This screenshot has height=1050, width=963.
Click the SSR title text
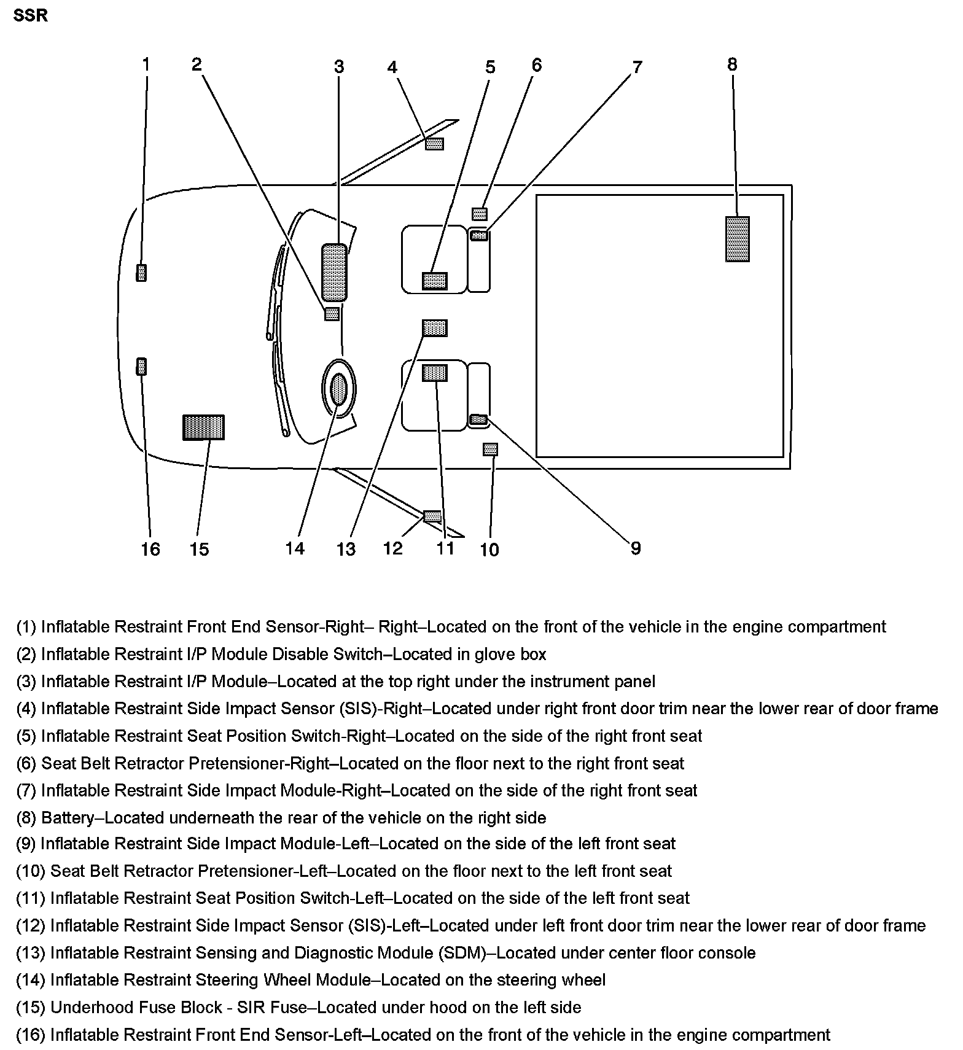point(30,15)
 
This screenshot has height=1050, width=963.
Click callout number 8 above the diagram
point(732,64)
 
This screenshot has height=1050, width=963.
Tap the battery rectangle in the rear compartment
point(737,239)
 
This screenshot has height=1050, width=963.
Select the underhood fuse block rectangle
point(203,427)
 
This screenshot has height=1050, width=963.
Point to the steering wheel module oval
point(338,389)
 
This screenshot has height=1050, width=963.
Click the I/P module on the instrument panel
point(333,272)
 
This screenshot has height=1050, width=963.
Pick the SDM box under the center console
point(434,328)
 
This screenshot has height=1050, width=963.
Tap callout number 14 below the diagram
point(295,548)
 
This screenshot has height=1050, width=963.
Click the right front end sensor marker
point(141,273)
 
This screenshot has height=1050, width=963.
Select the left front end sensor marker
point(141,367)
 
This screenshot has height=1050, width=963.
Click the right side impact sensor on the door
point(434,144)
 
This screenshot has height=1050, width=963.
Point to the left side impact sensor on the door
point(432,516)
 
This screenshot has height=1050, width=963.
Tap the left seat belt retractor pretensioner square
point(489,449)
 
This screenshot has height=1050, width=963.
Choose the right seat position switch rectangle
point(435,281)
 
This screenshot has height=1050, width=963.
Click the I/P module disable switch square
point(332,314)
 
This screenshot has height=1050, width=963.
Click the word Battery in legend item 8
point(68,818)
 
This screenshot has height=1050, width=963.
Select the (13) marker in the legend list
point(30,953)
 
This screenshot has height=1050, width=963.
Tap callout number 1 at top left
point(146,64)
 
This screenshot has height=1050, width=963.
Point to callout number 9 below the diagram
point(636,548)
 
